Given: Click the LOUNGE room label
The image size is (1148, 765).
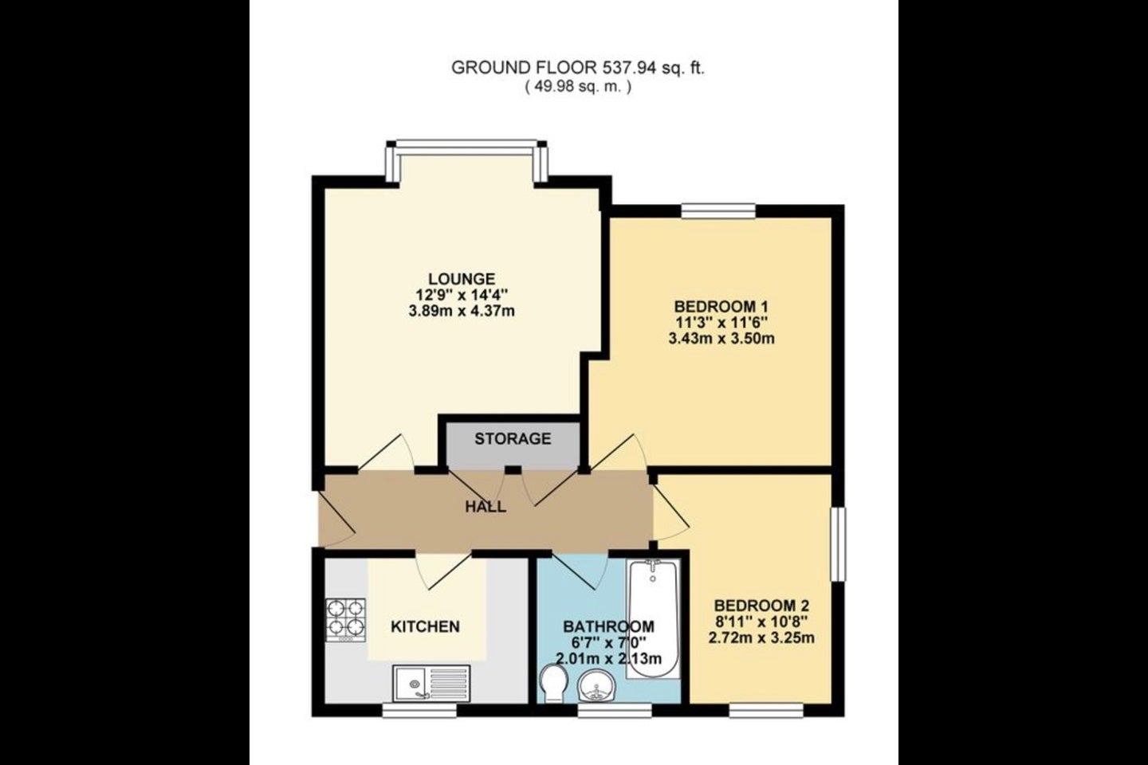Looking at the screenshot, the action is (x=462, y=279).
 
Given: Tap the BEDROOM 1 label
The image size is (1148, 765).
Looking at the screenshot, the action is (x=721, y=307).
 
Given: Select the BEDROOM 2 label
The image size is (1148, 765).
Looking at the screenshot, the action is (x=761, y=606).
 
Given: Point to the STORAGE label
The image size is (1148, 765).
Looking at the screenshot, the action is (x=513, y=438).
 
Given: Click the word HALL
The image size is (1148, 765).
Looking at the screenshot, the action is (x=486, y=507).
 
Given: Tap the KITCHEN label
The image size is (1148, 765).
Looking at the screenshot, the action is (x=426, y=626).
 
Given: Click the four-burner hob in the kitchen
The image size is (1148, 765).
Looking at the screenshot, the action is (x=345, y=620).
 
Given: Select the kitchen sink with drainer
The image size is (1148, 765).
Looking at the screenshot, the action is (x=431, y=683).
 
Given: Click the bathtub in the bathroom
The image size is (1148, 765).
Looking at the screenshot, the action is (x=654, y=619).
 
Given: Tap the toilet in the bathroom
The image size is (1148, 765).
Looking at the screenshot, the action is (x=554, y=684).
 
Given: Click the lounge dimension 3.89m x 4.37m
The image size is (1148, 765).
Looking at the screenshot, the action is (x=462, y=311).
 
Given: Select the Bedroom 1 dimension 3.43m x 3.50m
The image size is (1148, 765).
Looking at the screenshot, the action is (x=721, y=339).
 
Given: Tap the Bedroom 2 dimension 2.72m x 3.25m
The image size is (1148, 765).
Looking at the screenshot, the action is (x=761, y=638).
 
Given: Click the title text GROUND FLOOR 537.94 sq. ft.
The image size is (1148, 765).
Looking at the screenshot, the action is (x=577, y=68).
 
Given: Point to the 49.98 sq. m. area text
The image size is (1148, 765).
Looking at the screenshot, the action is (x=577, y=87).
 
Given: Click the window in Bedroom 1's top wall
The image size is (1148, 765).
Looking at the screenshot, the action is (x=718, y=210).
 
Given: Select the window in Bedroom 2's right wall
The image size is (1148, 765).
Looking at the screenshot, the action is (x=838, y=544).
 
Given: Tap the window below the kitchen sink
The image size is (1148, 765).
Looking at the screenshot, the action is (x=419, y=710).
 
